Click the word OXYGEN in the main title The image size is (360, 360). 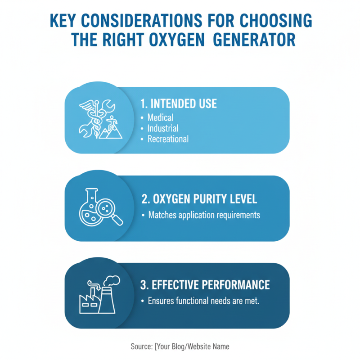[177, 40]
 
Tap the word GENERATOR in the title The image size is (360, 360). [254, 40]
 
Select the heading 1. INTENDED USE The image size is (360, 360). [179, 103]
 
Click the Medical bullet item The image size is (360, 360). [160, 117]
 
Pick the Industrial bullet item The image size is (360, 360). [163, 128]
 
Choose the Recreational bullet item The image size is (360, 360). [168, 139]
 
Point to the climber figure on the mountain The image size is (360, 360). [112, 122]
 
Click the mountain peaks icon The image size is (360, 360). [110, 132]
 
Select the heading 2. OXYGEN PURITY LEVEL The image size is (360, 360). [199, 199]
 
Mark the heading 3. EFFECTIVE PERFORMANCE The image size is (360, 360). [205, 285]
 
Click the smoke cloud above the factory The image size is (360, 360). [112, 281]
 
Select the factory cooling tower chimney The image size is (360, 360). [107, 300]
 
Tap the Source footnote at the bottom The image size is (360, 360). [180, 346]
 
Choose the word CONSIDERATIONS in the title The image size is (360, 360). [142, 20]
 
